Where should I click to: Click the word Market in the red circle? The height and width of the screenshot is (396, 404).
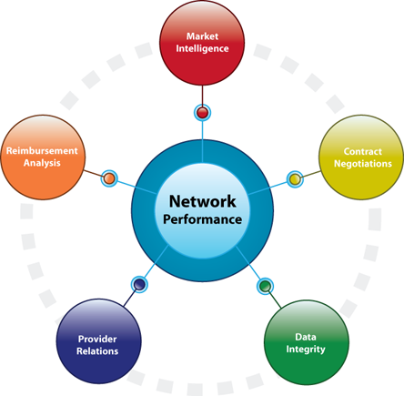click(202, 36)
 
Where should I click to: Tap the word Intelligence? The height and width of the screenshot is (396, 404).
click(202, 49)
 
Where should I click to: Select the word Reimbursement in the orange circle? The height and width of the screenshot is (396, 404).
click(42, 151)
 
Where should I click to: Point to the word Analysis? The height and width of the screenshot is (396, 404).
click(42, 163)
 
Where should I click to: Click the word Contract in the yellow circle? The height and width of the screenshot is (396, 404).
click(363, 151)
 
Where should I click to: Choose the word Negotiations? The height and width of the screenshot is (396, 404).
click(363, 164)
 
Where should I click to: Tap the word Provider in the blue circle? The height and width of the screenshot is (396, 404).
click(97, 339)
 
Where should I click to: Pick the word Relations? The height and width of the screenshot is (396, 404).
click(97, 351)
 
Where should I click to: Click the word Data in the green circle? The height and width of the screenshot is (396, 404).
click(306, 337)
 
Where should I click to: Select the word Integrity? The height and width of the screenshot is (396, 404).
click(306, 350)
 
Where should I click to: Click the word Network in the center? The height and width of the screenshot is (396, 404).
click(203, 201)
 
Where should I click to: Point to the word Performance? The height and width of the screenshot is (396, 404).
click(203, 219)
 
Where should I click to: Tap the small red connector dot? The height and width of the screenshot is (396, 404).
click(202, 113)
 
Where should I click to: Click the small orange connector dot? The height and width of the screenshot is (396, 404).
click(109, 178)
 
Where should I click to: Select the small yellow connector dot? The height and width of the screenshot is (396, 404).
click(295, 179)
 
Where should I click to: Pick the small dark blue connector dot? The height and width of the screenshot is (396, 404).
click(139, 284)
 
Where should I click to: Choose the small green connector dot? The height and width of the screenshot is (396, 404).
click(266, 286)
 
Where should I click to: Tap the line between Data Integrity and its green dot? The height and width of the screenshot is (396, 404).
click(275, 300)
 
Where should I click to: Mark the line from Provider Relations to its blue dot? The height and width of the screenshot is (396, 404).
click(130, 298)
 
